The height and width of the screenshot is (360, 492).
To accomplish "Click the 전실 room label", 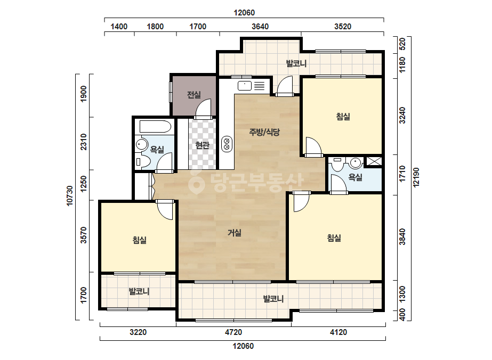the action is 194,94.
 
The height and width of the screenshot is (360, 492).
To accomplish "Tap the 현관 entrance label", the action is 202,145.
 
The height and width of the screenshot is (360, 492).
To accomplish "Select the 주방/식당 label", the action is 264,132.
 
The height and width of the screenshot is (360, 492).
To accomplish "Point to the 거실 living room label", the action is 235,233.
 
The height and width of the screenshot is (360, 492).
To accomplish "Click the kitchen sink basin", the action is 245,86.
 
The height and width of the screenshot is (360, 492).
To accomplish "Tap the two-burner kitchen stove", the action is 227,144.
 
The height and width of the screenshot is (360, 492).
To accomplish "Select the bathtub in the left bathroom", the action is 155,126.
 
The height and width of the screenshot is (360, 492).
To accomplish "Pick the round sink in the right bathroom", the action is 355,163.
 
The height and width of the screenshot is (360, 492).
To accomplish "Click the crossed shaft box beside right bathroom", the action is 374,161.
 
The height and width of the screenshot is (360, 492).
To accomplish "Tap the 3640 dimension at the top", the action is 260,27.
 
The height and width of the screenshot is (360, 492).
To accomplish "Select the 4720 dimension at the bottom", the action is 233,332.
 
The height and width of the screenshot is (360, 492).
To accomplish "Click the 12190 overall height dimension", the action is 416,177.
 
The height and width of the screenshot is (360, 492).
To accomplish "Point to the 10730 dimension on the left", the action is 70,196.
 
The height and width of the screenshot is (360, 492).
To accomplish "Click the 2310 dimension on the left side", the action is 84,142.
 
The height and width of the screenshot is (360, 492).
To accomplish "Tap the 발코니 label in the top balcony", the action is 296,64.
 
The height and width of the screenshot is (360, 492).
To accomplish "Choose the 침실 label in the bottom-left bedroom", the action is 140,240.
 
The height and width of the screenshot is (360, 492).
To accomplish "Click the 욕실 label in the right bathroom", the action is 355,177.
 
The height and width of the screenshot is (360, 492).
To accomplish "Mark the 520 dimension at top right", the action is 402,44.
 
